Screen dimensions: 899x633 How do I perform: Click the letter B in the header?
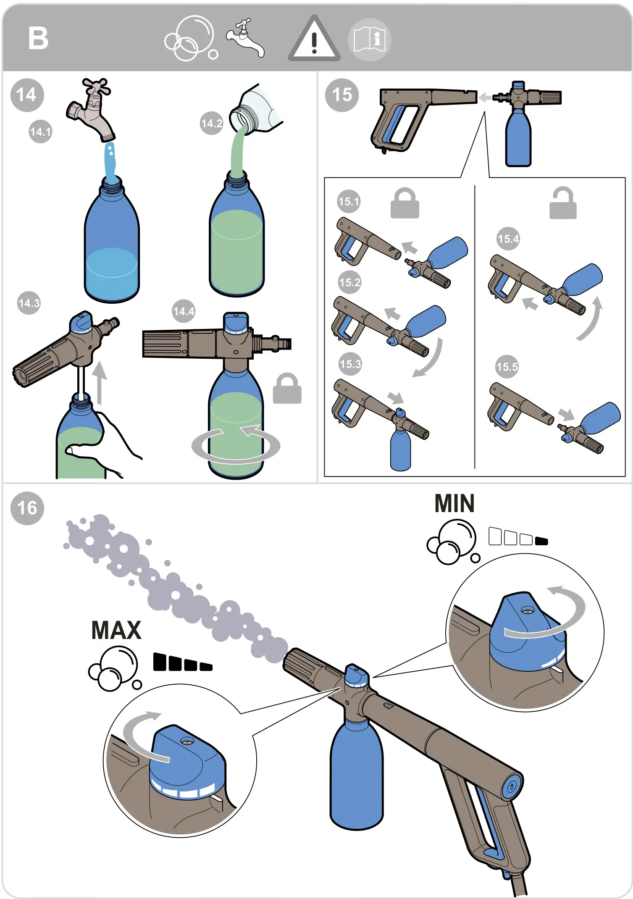pyautogui.click(x=38, y=38)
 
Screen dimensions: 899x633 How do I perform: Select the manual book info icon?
pyautogui.click(x=370, y=40)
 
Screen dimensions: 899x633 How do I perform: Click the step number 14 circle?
pyautogui.click(x=27, y=95)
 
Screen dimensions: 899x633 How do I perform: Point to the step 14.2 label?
pyautogui.click(x=211, y=123)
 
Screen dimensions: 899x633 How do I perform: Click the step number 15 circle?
pyautogui.click(x=342, y=95)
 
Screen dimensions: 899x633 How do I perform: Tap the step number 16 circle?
pyautogui.click(x=27, y=508)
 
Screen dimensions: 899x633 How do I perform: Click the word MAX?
pyautogui.click(x=116, y=631)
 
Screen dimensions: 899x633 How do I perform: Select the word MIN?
pyautogui.click(x=454, y=504)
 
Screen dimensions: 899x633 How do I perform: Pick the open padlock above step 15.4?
pyautogui.click(x=563, y=204)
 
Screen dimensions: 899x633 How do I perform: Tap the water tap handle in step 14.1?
pyautogui.click(x=97, y=87)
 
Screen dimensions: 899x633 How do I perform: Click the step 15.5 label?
pyautogui.click(x=507, y=367)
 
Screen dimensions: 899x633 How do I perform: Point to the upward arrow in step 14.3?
pyautogui.click(x=100, y=382)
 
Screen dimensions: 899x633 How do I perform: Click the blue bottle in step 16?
pyautogui.click(x=357, y=777)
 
